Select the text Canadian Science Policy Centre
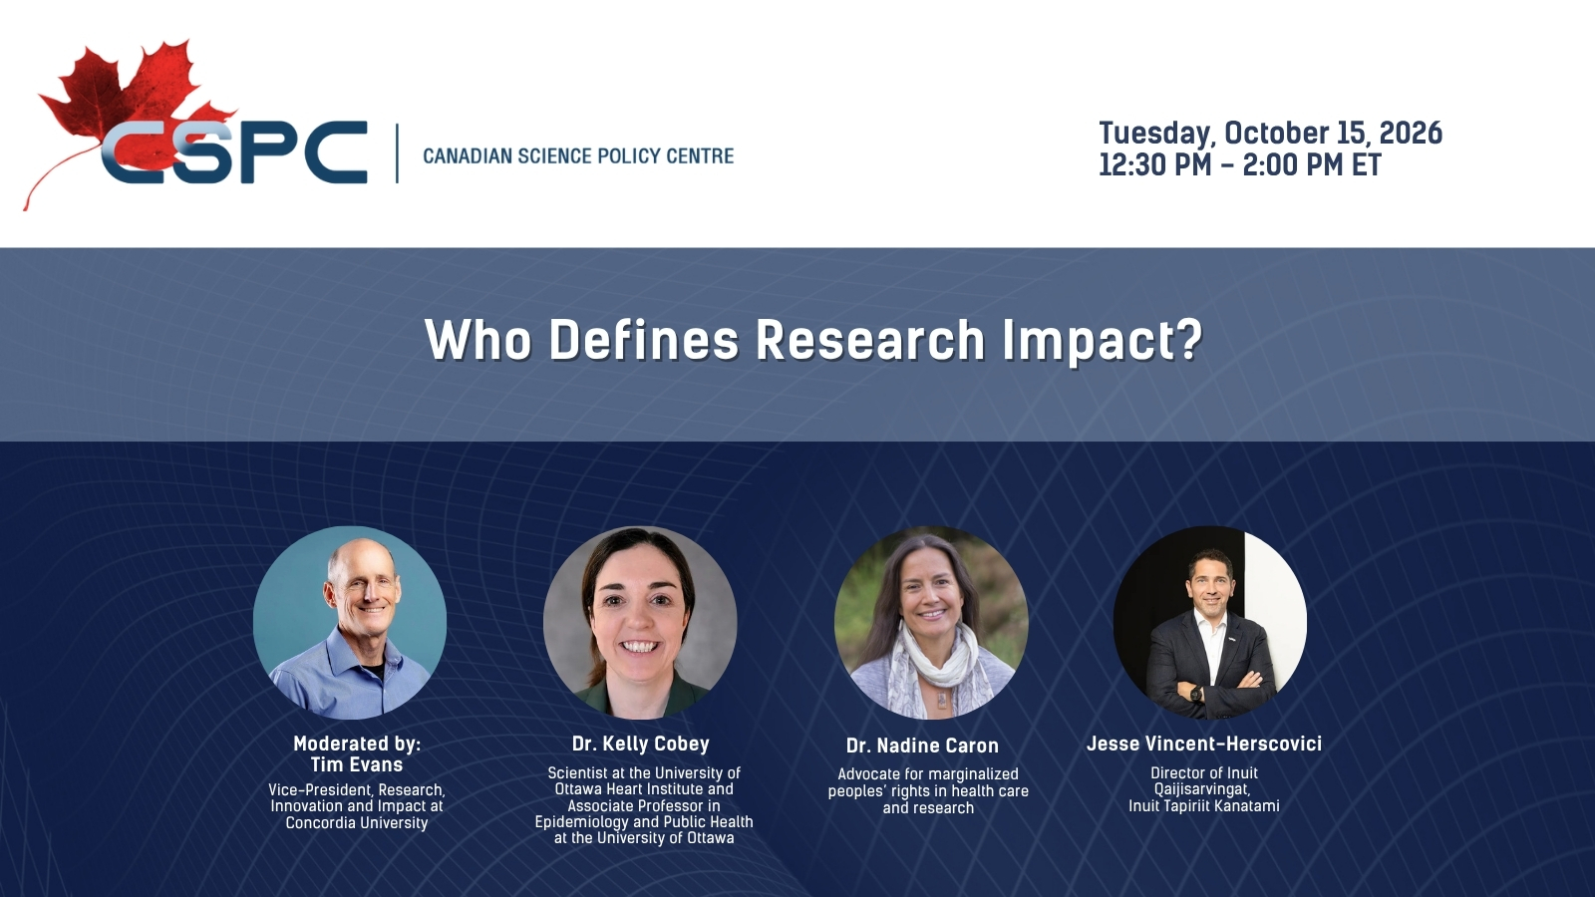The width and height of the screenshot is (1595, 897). (578, 155)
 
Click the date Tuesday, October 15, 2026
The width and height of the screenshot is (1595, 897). (1270, 134)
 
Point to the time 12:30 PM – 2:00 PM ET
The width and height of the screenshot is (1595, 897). (1240, 164)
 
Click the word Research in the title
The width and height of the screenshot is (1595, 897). (870, 340)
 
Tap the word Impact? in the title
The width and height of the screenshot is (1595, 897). (1103, 342)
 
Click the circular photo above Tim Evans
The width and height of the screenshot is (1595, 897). (350, 622)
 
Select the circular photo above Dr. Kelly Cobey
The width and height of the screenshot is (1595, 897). (640, 622)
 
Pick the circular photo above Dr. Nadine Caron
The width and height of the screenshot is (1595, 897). (931, 622)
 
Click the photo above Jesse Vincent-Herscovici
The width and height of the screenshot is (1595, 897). (1210, 622)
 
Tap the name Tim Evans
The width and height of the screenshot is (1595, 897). (357, 764)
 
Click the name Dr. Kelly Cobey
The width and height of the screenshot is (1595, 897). (641, 744)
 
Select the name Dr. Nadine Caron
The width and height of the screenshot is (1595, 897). (922, 746)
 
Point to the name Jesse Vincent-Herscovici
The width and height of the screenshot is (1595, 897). (1204, 744)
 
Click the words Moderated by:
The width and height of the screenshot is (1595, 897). (357, 744)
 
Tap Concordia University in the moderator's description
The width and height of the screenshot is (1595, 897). (357, 823)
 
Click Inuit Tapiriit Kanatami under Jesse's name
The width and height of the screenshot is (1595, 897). (1204, 806)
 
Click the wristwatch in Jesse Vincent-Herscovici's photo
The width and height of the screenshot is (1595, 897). (1195, 693)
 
